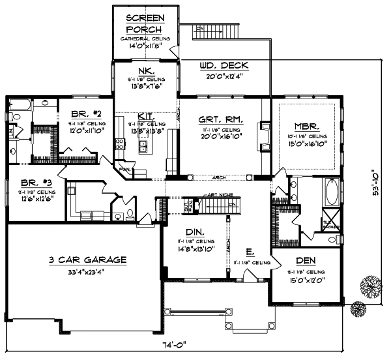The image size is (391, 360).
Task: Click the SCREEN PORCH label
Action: pyautogui.click(x=145, y=23)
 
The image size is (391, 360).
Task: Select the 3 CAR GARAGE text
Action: pyautogui.click(x=87, y=260)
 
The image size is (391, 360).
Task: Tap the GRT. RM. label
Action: pyautogui.click(x=217, y=119)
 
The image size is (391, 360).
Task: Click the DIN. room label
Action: pyautogui.click(x=195, y=232)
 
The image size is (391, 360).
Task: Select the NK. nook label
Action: pyautogui.click(x=145, y=70)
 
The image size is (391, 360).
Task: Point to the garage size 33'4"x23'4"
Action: pyautogui.click(x=87, y=270)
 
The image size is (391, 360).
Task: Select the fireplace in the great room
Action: pyautogui.click(x=264, y=135)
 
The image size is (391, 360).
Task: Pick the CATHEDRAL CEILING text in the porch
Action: pyautogui.click(x=145, y=39)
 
